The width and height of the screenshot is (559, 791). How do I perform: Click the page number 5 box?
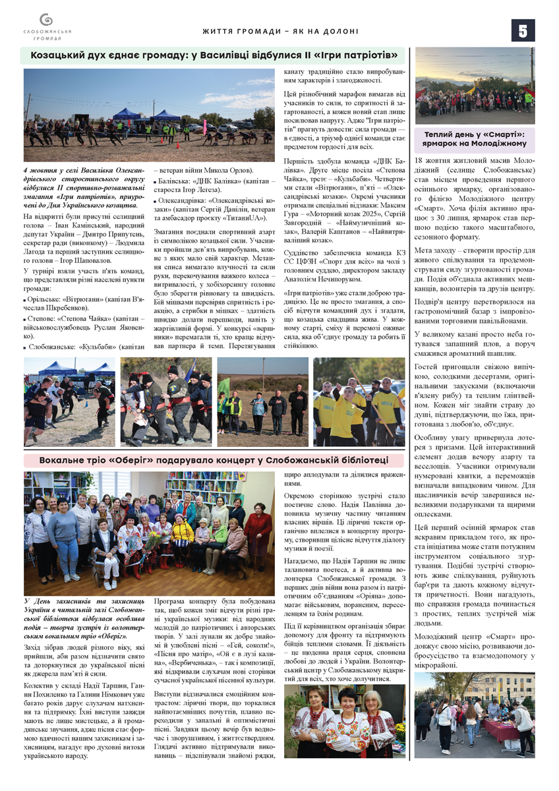(x=523, y=30)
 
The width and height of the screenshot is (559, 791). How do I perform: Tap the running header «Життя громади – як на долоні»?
(x=280, y=31)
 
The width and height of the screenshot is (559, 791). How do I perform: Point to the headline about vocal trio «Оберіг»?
(x=213, y=459)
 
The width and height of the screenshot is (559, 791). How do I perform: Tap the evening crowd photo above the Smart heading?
(x=475, y=86)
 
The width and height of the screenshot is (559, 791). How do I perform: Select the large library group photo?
(x=148, y=533)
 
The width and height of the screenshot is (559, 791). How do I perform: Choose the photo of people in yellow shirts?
(x=359, y=401)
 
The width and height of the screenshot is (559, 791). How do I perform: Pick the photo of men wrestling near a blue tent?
(x=69, y=401)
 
